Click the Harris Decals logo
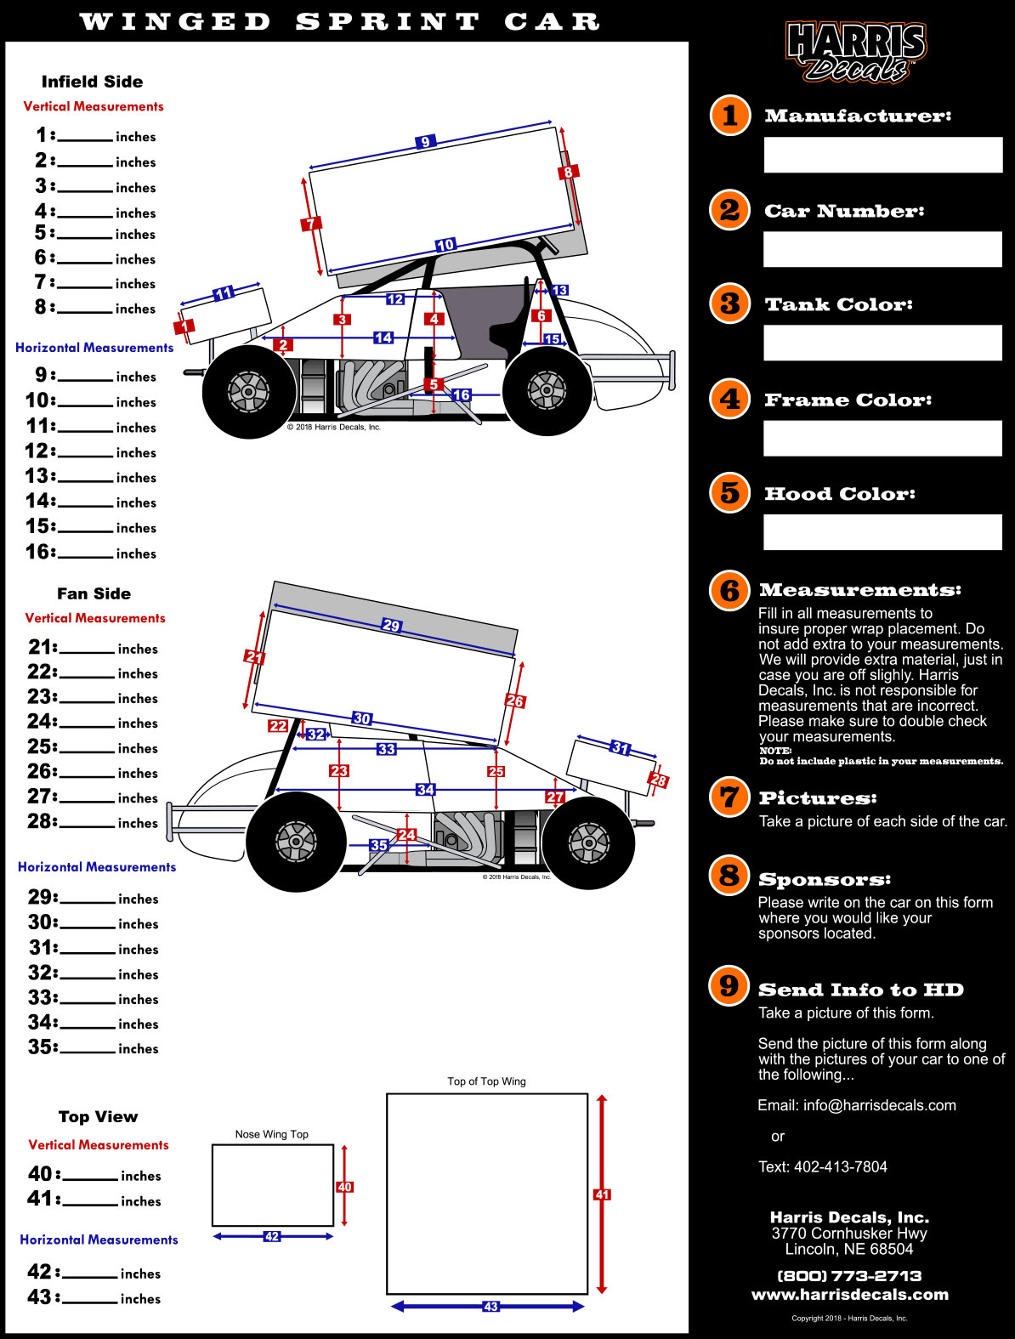pyautogui.click(x=855, y=52)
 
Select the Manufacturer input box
pyautogui.click(x=882, y=156)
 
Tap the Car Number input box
pyautogui.click(x=882, y=250)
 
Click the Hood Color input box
pyautogui.click(x=882, y=532)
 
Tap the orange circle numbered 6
pyautogui.click(x=729, y=590)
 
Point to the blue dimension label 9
pyautogui.click(x=425, y=142)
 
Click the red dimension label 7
pyautogui.click(x=310, y=224)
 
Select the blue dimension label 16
pyautogui.click(x=462, y=394)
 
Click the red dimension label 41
pyautogui.click(x=602, y=1194)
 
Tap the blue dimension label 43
pyautogui.click(x=490, y=1307)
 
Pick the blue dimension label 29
pyautogui.click(x=391, y=626)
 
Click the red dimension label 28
pyautogui.click(x=658, y=780)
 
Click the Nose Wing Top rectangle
pyautogui.click(x=272, y=1185)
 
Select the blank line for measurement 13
pyautogui.click(x=85, y=480)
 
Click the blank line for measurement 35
pyautogui.click(x=88, y=1051)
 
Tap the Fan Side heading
pyautogui.click(x=94, y=593)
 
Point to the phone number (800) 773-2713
pyautogui.click(x=849, y=1276)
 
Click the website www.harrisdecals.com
pyautogui.click(x=850, y=1295)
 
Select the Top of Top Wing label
pyautogui.click(x=486, y=1081)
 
